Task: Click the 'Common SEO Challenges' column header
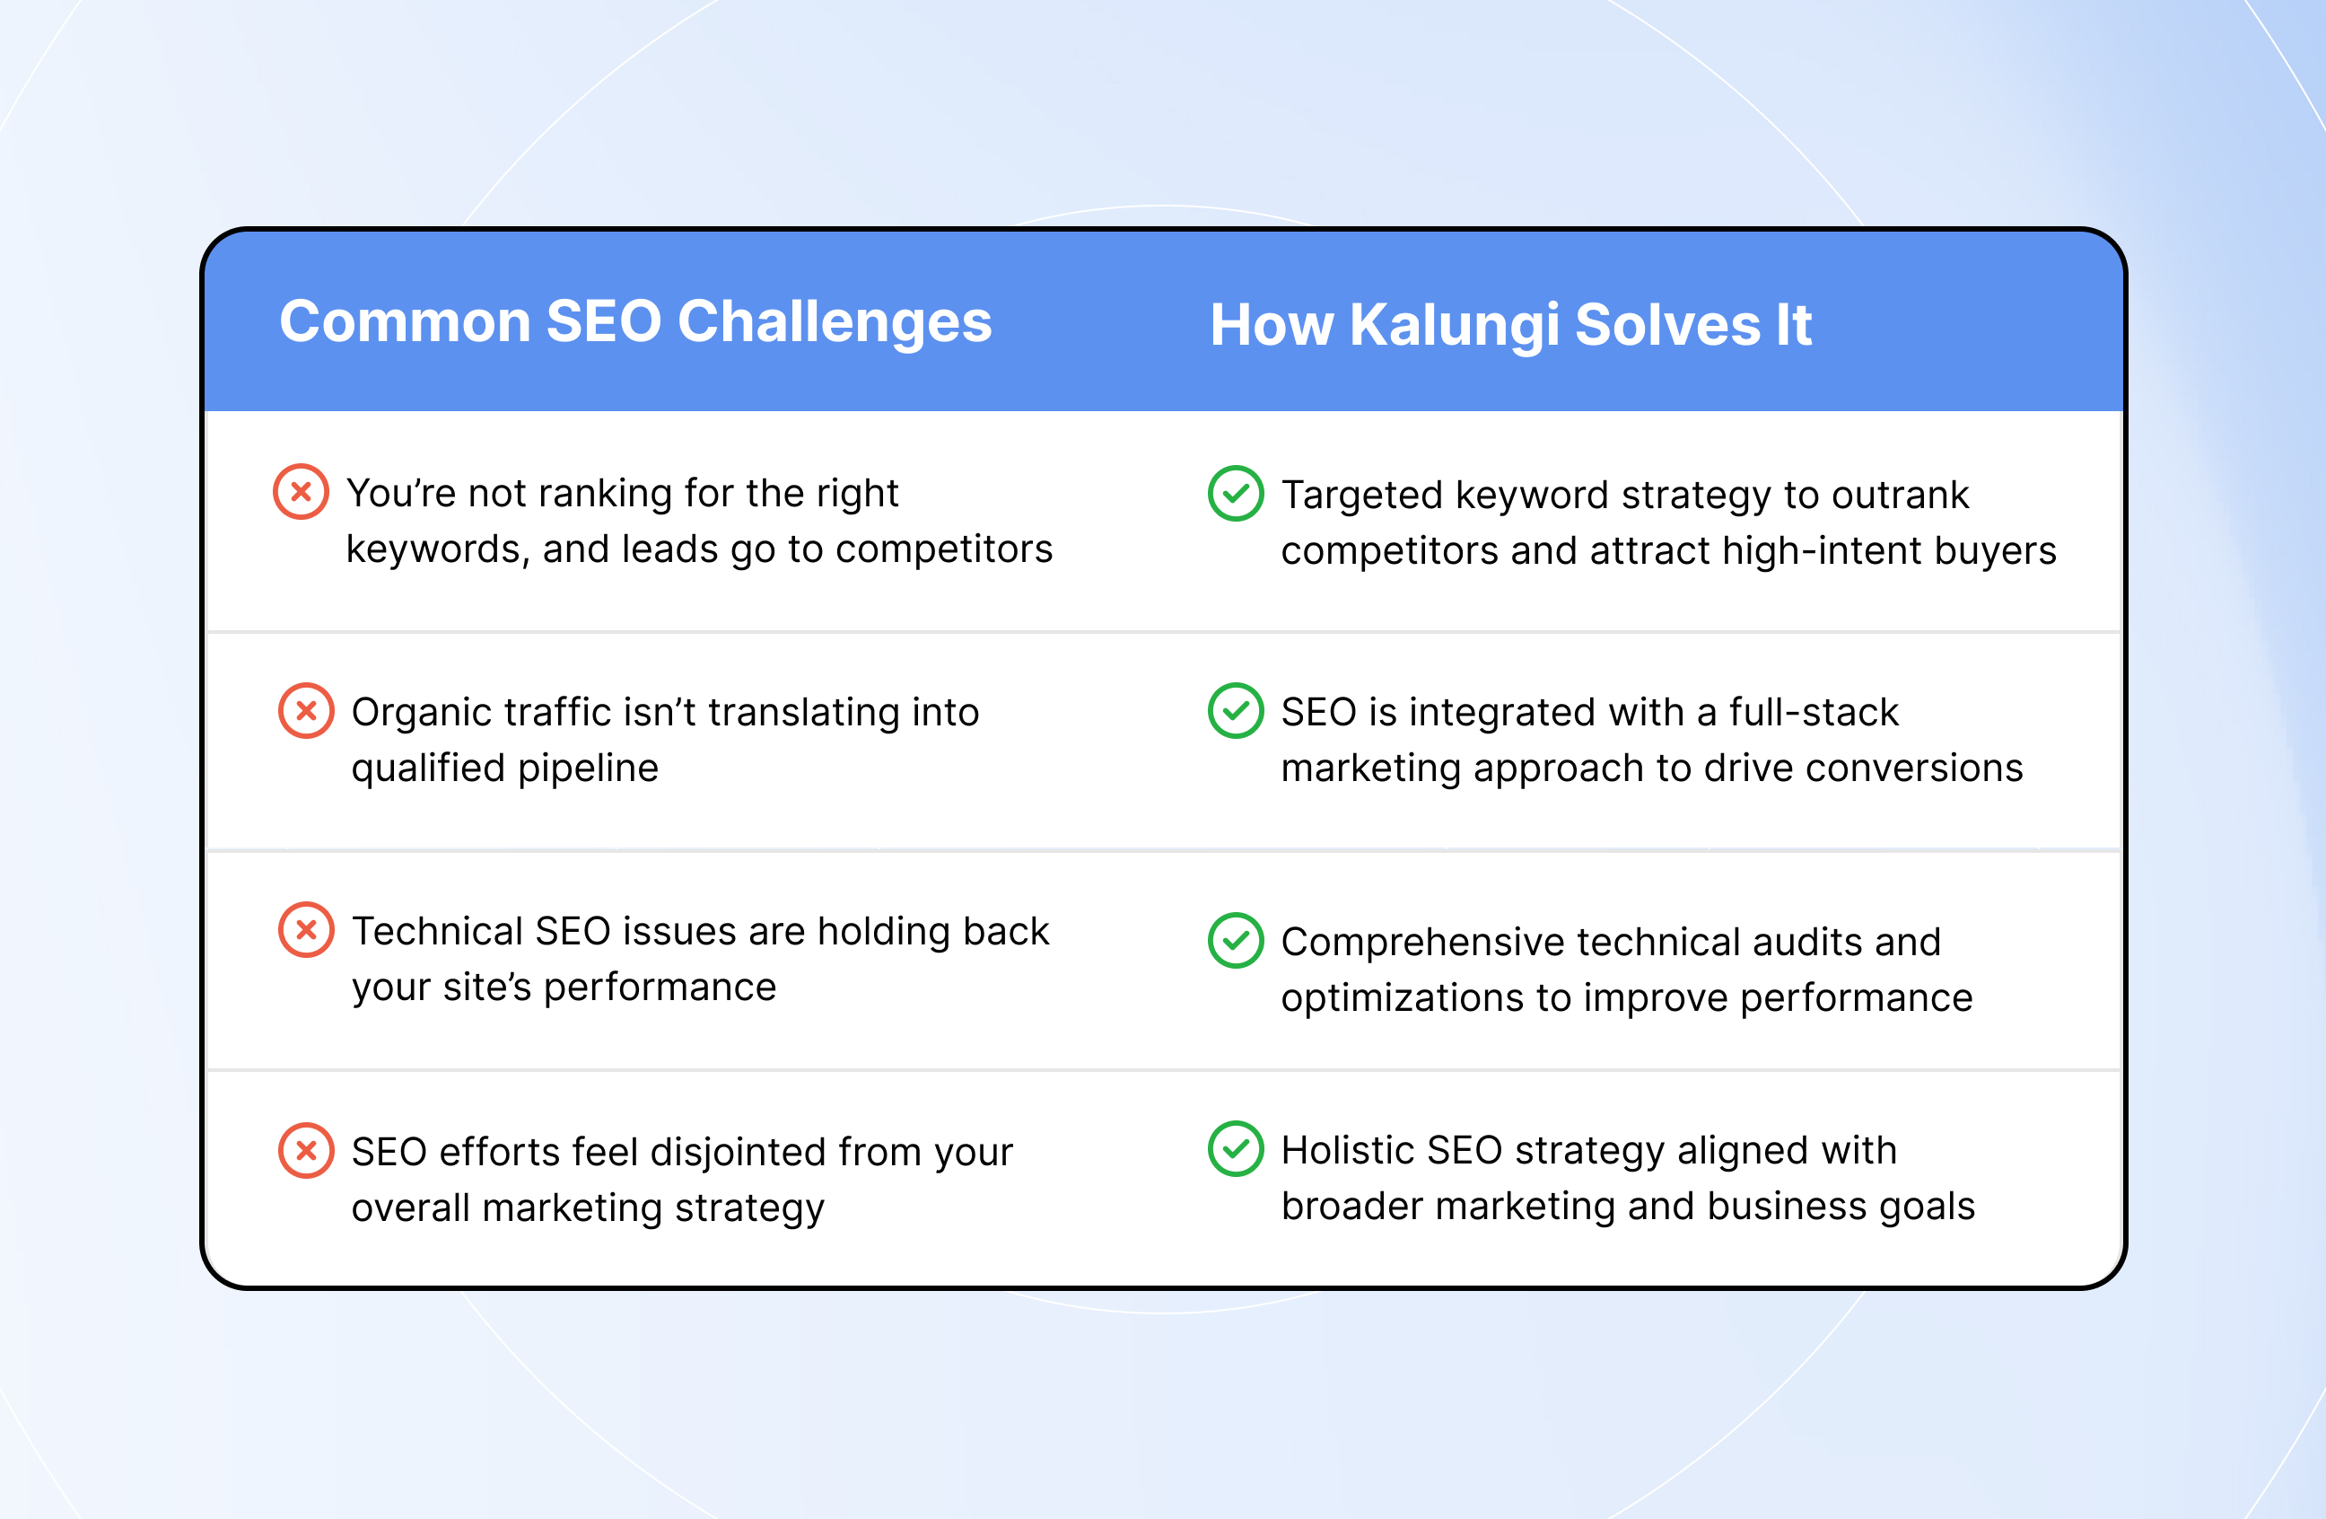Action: pos(635,322)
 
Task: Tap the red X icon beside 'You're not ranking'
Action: pos(301,492)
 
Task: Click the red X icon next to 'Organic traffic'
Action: pos(306,711)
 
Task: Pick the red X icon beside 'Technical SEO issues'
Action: pos(306,929)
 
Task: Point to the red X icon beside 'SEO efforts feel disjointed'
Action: pos(306,1151)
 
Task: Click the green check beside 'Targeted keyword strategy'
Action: pos(1237,494)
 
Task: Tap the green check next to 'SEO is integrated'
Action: pos(1237,711)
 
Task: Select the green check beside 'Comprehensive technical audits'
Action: pos(1237,940)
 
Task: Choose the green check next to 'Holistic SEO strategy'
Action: pos(1237,1148)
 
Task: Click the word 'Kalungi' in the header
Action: pos(1455,328)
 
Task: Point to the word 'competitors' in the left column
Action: pos(944,550)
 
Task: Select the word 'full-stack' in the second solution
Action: pos(1814,712)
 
